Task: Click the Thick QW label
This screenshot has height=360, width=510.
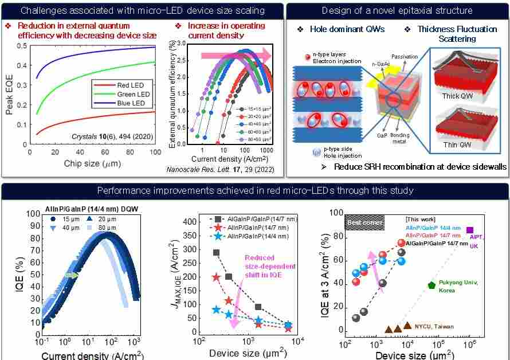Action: pyautogui.click(x=458, y=96)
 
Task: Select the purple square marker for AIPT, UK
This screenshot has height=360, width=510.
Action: pyautogui.click(x=470, y=230)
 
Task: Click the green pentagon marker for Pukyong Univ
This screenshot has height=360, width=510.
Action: pyautogui.click(x=431, y=285)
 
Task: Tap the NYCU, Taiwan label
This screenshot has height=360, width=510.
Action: pyautogui.click(x=434, y=327)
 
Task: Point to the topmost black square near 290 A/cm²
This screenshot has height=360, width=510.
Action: pyautogui.click(x=216, y=252)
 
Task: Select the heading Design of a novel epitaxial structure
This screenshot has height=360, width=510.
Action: pyautogui.click(x=397, y=10)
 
